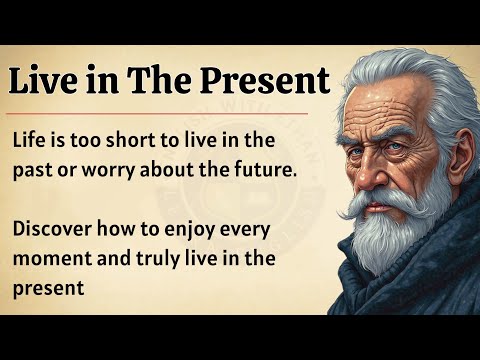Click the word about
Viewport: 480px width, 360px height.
coord(167,169)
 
